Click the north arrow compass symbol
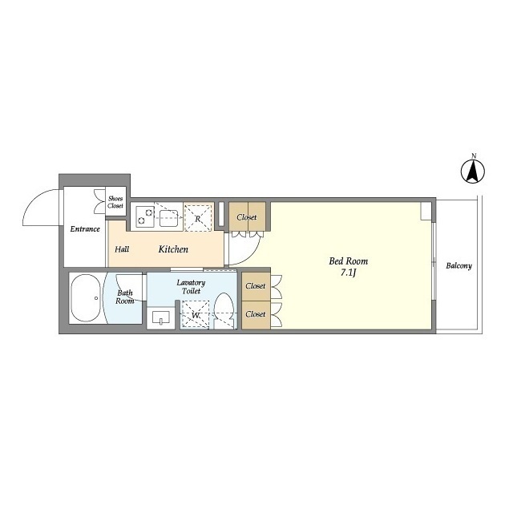473,171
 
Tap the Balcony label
458,265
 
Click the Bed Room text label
348,261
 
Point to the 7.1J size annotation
348,273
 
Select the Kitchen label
173,249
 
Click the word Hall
122,249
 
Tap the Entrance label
85,229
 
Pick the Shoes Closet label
115,202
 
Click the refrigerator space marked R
198,218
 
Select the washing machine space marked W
196,314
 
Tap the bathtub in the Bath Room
86,298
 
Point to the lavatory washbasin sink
161,317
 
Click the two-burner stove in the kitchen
145,216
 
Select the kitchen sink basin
169,218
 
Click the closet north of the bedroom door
247,216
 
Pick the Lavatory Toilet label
191,287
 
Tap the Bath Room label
125,297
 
